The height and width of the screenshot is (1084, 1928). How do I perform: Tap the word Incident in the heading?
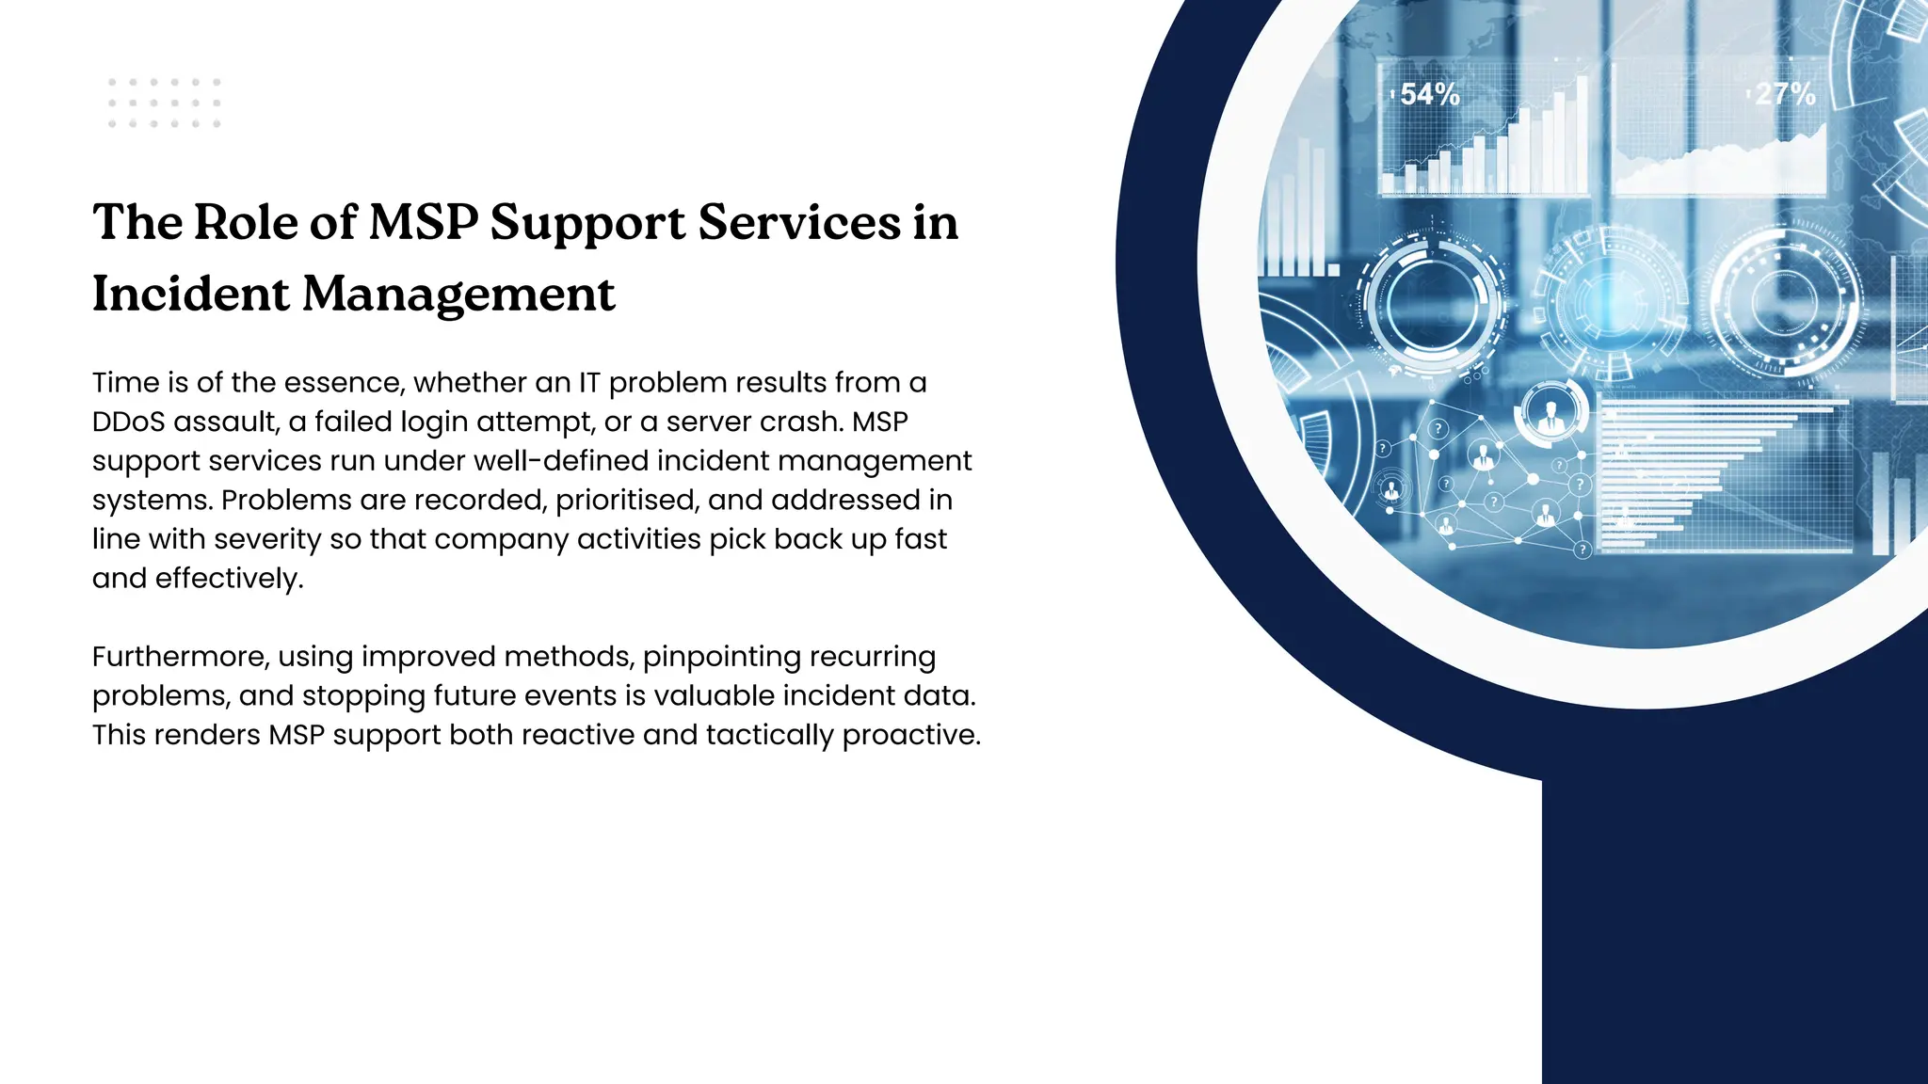click(x=190, y=294)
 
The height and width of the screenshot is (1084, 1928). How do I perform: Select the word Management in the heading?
click(x=458, y=294)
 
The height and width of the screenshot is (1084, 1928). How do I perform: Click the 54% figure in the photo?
click(x=1429, y=94)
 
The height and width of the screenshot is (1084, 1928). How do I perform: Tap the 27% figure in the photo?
click(x=1785, y=94)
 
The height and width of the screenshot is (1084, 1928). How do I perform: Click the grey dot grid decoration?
click(x=164, y=103)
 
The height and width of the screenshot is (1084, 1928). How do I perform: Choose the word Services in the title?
click(x=798, y=223)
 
